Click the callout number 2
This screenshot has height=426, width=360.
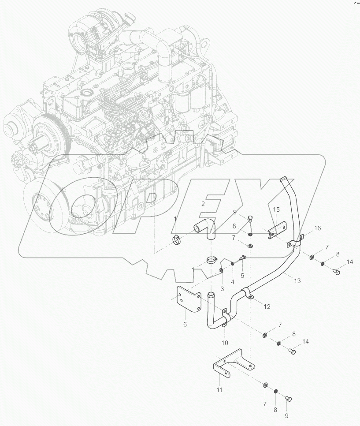tap(203, 204)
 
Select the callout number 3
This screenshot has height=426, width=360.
tap(222, 288)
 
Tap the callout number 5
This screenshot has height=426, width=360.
tap(242, 276)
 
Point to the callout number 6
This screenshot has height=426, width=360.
tap(185, 324)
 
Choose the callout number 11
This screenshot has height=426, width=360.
tap(219, 390)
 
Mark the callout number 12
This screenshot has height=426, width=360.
tap(267, 306)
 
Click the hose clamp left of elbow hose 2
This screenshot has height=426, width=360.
tap(177, 240)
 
